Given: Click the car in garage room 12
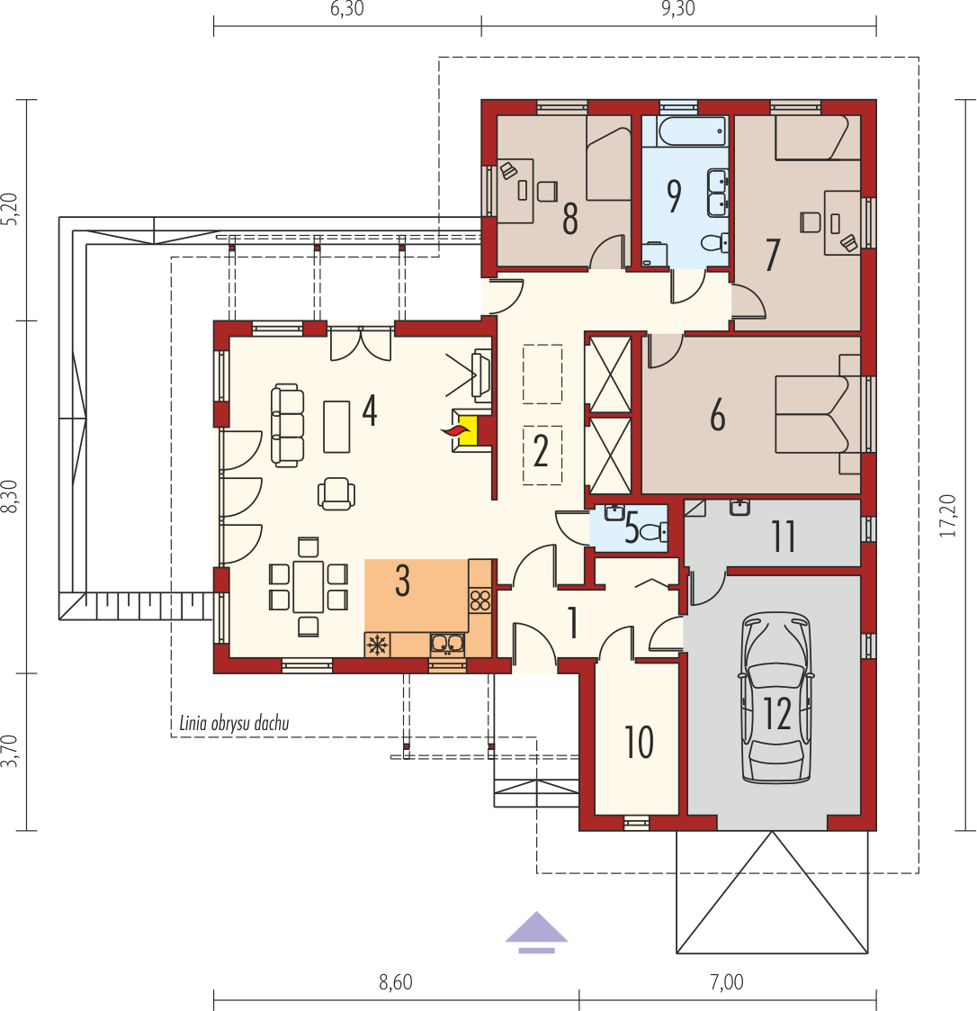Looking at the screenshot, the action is [775, 698].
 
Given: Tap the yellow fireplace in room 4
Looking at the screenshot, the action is [467, 430].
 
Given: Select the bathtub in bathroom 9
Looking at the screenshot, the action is [693, 131].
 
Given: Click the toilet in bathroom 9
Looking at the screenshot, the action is [714, 243].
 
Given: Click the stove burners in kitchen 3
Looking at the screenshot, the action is [480, 600].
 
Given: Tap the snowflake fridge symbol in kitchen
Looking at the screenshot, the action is [377, 645].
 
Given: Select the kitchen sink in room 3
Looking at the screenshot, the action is [447, 644].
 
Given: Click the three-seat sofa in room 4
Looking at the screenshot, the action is [287, 426].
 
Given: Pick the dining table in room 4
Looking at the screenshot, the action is [308, 587].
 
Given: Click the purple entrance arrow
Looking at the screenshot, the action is [536, 932].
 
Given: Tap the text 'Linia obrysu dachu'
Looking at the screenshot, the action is [234, 724].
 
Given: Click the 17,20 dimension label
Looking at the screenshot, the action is [947, 516].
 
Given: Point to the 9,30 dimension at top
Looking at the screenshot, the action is [678, 9].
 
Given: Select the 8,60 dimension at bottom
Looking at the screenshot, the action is [395, 982].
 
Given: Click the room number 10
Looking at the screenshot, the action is [639, 742].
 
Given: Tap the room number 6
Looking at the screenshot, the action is [717, 415].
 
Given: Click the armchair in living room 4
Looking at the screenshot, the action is [336, 494].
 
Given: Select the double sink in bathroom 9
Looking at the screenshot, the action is [717, 192].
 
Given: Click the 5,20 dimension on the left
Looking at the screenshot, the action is [10, 209].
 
